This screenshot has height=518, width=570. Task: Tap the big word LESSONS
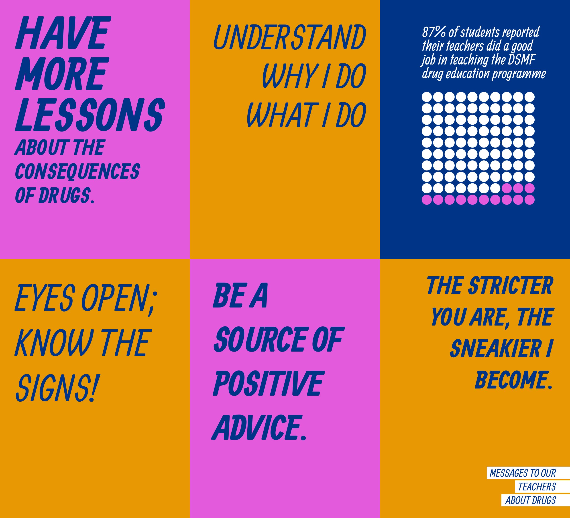coord(90,115)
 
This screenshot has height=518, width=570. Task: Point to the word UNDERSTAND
coord(290,37)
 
